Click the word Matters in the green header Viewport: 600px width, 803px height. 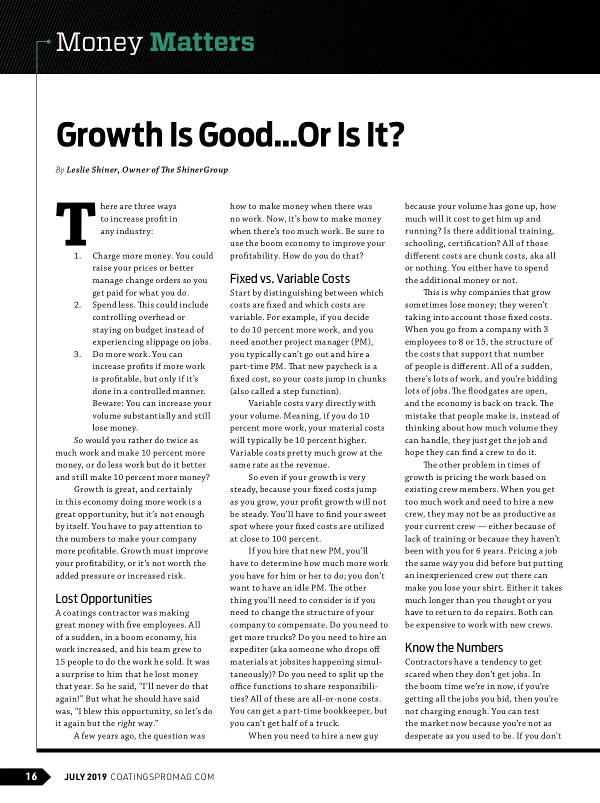[202, 42]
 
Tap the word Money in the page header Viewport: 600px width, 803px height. [99, 43]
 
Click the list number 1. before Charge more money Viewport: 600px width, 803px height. [77, 256]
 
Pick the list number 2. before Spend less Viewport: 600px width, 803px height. [77, 305]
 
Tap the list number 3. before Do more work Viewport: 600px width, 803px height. [77, 354]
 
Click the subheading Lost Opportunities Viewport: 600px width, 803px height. [103, 599]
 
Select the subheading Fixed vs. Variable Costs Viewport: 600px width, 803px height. [289, 279]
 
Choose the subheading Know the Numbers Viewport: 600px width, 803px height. [453, 648]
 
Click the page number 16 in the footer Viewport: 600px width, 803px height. [31, 776]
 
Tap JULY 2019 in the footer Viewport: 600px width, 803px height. [85, 777]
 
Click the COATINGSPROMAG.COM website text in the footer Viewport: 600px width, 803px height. [162, 777]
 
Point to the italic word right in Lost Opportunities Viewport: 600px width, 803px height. [126, 723]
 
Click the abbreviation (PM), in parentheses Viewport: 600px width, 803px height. [362, 342]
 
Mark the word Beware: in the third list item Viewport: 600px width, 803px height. [108, 403]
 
